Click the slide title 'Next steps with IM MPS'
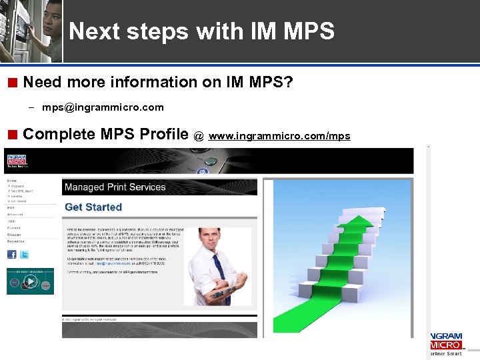click(x=201, y=31)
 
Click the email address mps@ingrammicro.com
click(x=103, y=107)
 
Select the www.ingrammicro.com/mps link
click(x=279, y=136)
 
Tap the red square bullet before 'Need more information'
click(x=12, y=83)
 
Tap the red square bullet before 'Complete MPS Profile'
click(x=12, y=135)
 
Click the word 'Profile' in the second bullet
click(x=164, y=134)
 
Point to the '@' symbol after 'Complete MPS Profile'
click(x=198, y=136)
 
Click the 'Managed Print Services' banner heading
click(x=115, y=187)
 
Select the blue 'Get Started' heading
click(x=93, y=207)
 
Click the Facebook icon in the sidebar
click(x=11, y=255)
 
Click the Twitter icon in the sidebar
click(x=24, y=255)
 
